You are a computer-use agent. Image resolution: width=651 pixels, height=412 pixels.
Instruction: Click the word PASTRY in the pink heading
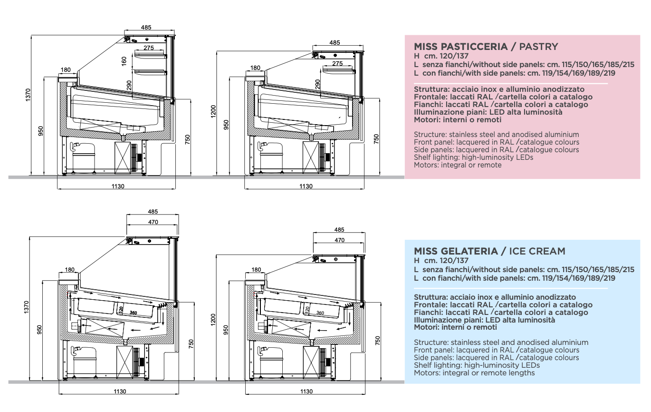pyautogui.click(x=538, y=47)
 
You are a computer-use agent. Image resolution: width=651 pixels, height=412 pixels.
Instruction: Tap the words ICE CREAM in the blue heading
pyautogui.click(x=537, y=251)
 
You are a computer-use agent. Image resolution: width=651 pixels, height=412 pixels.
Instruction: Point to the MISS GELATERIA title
pyautogui.click(x=456, y=251)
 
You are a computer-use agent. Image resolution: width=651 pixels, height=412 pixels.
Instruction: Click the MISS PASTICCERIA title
pyautogui.click(x=460, y=47)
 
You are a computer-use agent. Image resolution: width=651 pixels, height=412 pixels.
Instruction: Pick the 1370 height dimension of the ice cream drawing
pyautogui.click(x=27, y=307)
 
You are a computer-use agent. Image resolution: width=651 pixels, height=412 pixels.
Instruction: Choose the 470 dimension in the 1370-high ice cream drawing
pyautogui.click(x=153, y=222)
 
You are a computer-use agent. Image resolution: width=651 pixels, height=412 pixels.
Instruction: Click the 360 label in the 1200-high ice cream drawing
pyautogui.click(x=320, y=313)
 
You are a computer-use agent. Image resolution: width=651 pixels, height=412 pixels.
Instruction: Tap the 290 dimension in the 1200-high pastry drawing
pyautogui.click(x=317, y=84)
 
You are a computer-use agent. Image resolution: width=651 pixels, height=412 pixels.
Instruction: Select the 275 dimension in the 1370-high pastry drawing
pyautogui.click(x=149, y=48)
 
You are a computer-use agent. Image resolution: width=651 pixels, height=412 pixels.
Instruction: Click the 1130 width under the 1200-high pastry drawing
pyautogui.click(x=306, y=186)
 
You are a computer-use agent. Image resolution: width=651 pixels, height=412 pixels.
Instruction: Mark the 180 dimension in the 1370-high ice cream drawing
pyautogui.click(x=70, y=270)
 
